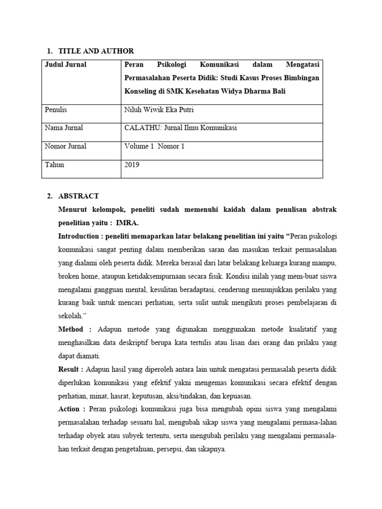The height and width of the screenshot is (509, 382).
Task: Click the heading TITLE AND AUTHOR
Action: click(x=96, y=51)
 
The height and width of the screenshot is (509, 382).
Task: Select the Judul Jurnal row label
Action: click(x=66, y=65)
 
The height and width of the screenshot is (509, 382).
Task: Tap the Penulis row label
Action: click(x=56, y=110)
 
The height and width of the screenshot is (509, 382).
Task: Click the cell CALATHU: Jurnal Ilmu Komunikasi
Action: click(x=181, y=128)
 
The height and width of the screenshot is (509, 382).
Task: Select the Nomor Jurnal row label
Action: click(x=66, y=146)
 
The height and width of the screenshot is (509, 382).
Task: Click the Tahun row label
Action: click(x=55, y=165)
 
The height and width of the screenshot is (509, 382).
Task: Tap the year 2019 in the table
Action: click(x=132, y=165)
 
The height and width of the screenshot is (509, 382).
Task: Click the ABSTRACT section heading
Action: click(x=79, y=196)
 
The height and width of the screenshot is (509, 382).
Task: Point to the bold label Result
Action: click(x=70, y=369)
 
